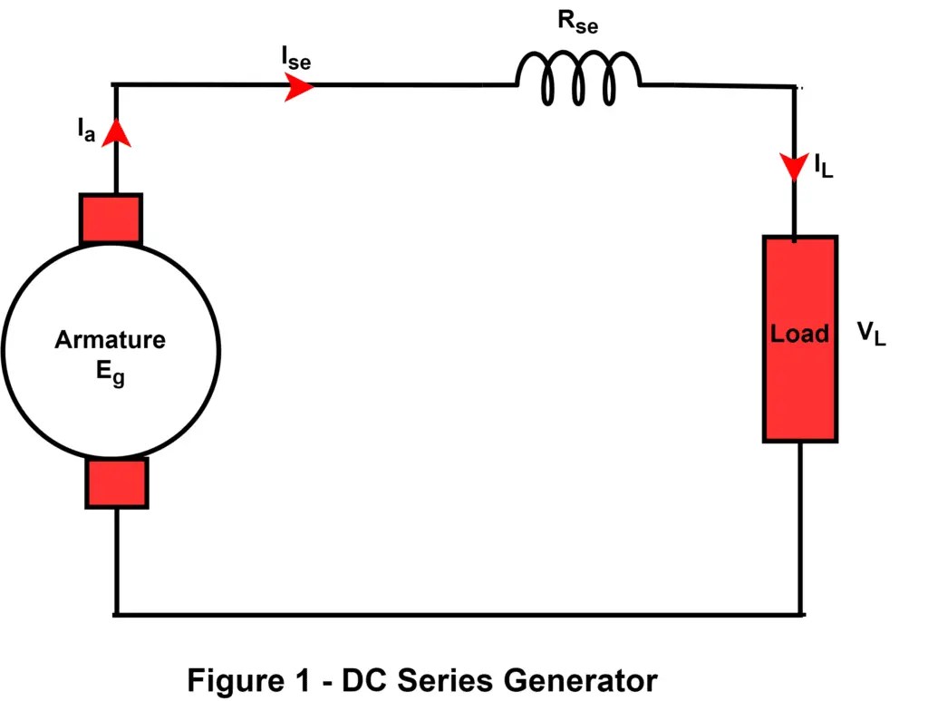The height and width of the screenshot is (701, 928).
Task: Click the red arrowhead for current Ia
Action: pos(116,134)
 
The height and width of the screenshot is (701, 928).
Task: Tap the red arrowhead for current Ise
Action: pos(299,87)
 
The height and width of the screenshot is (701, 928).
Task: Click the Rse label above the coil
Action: pos(577,24)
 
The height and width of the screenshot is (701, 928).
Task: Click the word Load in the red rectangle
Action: pos(799,334)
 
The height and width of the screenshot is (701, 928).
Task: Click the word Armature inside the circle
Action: pos(111,340)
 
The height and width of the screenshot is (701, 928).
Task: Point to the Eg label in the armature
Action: pos(111,372)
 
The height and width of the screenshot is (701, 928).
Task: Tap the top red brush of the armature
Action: pos(111,219)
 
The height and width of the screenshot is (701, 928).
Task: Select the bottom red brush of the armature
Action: pos(117,482)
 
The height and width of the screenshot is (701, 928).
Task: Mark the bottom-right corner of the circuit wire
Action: pos(801,615)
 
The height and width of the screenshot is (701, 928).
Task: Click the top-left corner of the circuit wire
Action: pos(116,86)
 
